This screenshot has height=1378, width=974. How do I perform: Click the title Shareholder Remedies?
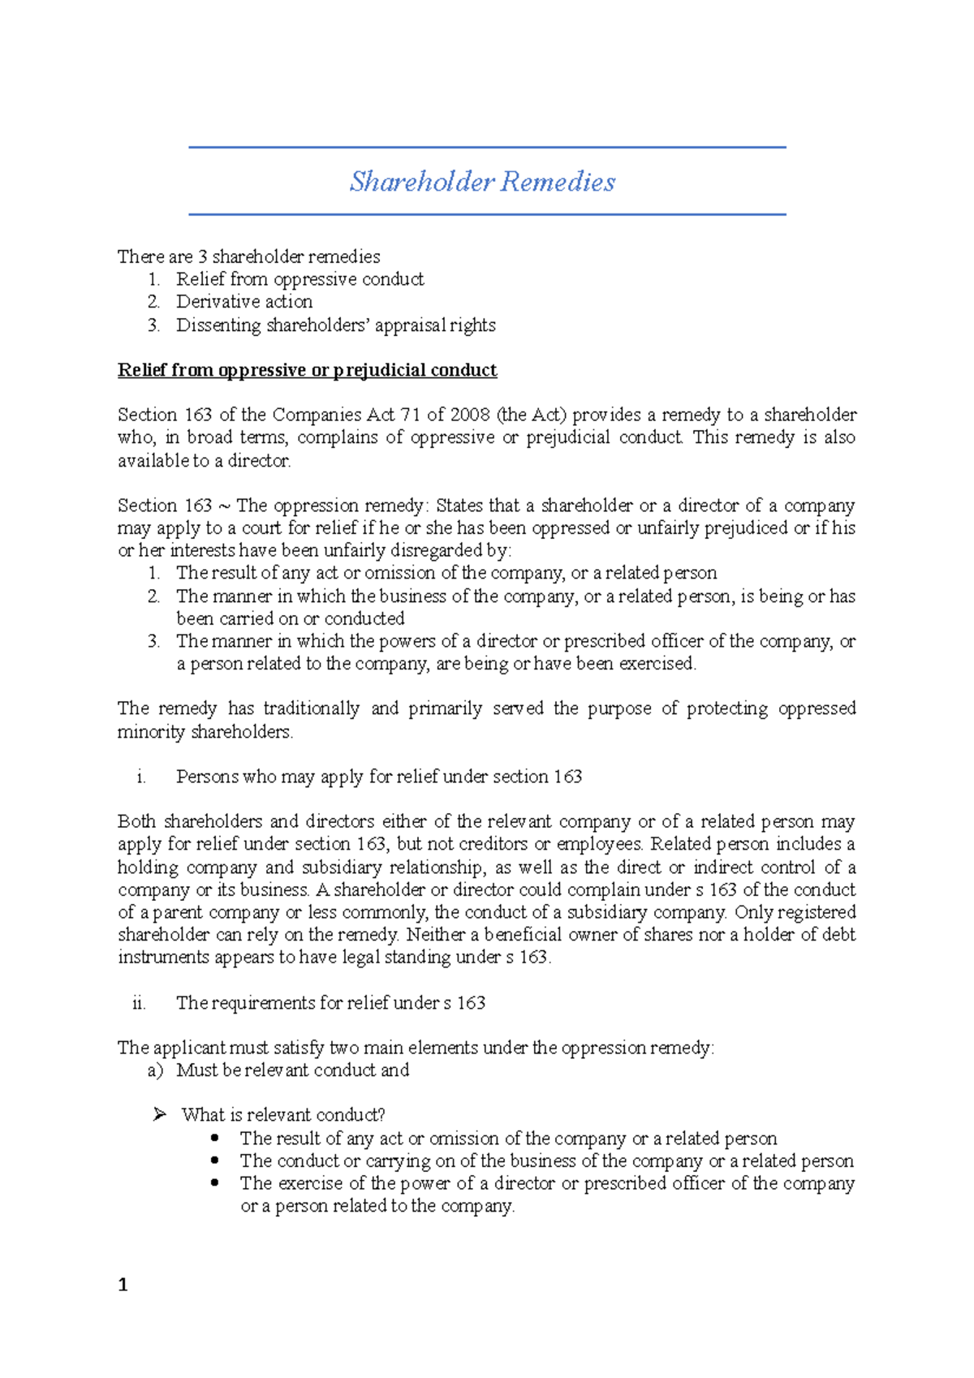(482, 181)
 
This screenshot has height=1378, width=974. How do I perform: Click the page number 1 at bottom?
(123, 1284)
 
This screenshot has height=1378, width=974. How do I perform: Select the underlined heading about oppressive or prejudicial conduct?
(307, 370)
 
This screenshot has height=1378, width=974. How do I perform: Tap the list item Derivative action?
(244, 302)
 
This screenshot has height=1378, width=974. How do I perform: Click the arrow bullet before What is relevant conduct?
(159, 1114)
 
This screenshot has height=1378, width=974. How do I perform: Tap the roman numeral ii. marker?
(139, 1003)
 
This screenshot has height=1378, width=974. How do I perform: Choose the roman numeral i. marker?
(141, 777)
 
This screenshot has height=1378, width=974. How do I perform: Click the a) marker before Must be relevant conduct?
(156, 1070)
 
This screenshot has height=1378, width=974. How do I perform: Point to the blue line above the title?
(487, 147)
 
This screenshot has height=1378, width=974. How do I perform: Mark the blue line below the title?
(487, 214)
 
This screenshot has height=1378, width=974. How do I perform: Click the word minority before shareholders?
(151, 732)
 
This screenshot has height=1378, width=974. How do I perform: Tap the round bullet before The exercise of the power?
(214, 1182)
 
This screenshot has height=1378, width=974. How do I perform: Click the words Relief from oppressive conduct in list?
(300, 279)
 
